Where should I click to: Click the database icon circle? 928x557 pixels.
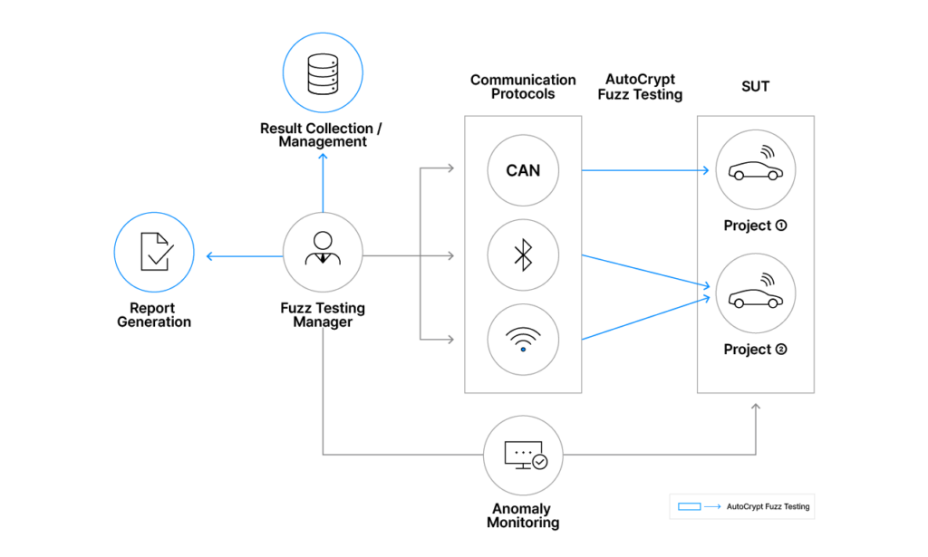(x=323, y=72)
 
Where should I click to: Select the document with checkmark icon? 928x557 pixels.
(x=154, y=253)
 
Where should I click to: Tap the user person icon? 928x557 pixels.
(x=323, y=253)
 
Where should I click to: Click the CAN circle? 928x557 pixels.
(x=523, y=170)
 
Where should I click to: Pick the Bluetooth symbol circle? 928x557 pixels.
(x=523, y=256)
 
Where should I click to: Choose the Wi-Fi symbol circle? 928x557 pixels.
(x=523, y=340)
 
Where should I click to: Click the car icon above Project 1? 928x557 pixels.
(x=755, y=168)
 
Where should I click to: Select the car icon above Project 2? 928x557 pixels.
(x=755, y=293)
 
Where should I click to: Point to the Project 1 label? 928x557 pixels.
(x=755, y=226)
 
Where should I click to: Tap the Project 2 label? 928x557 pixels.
(x=755, y=350)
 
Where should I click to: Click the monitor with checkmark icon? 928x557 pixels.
(x=523, y=455)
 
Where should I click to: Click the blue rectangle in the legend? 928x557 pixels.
(x=689, y=506)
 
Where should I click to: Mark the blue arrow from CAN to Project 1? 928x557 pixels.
(x=643, y=169)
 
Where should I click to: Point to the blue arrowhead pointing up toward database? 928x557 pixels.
(x=323, y=157)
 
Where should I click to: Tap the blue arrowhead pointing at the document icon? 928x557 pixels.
(x=210, y=257)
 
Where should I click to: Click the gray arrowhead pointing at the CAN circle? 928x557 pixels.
(x=450, y=168)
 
